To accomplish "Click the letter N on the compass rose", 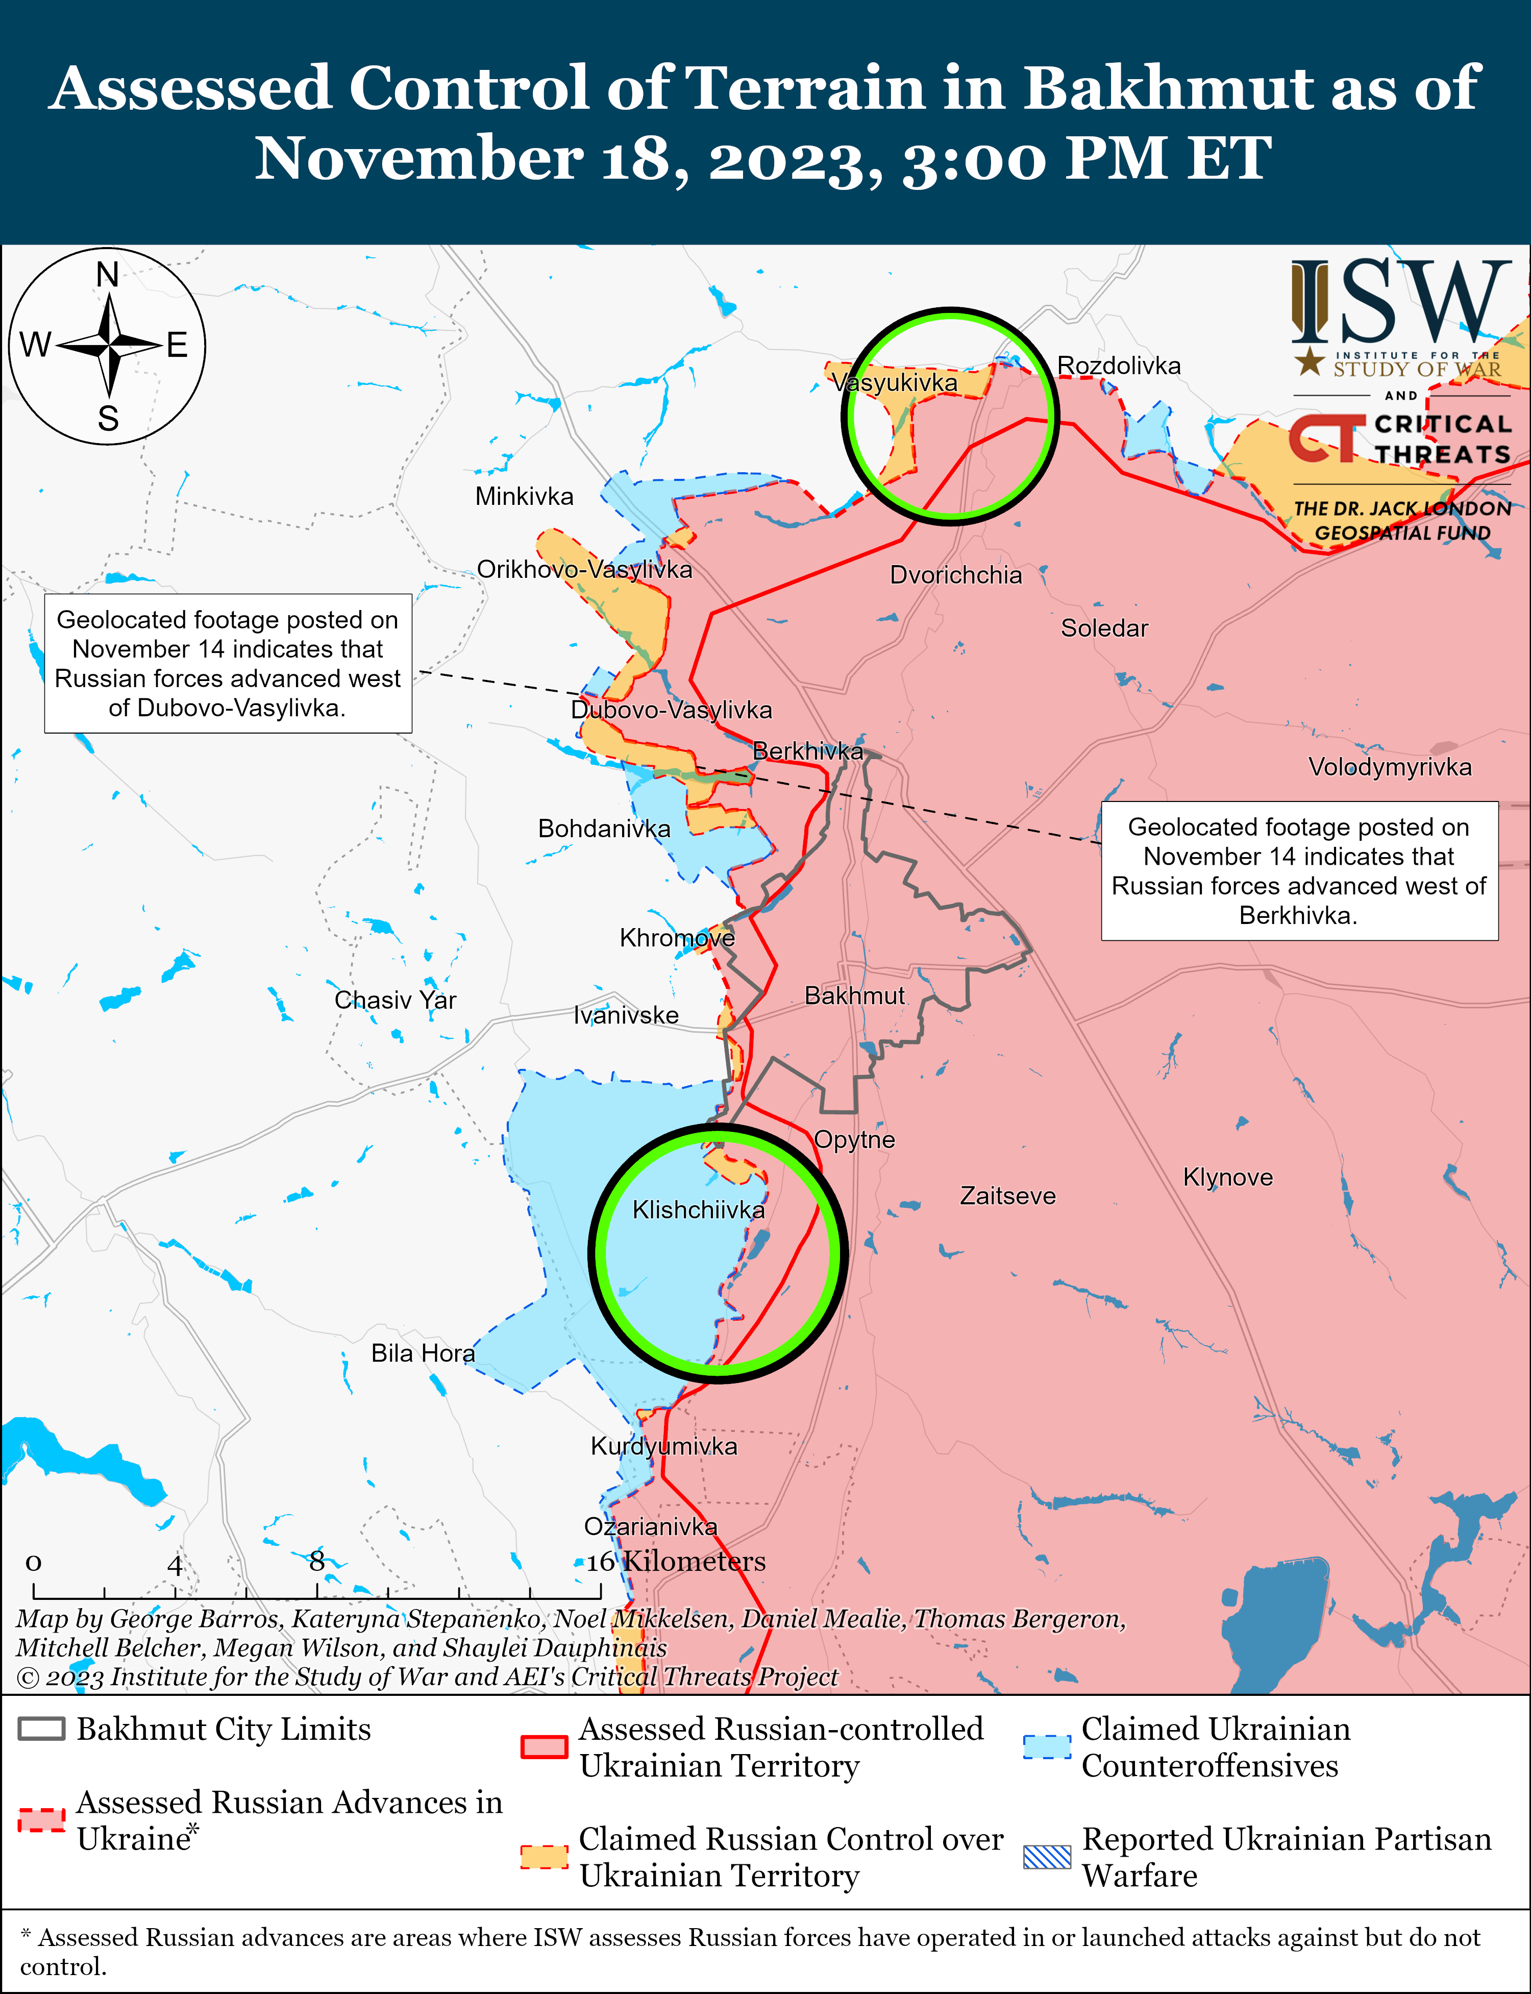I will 108,274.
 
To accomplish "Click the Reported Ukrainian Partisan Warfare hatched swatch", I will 1047,1856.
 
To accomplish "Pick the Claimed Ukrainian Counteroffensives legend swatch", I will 1047,1746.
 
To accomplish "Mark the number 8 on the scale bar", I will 316,1561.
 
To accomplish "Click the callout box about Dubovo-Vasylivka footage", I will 228,664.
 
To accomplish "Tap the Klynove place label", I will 1227,1177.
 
